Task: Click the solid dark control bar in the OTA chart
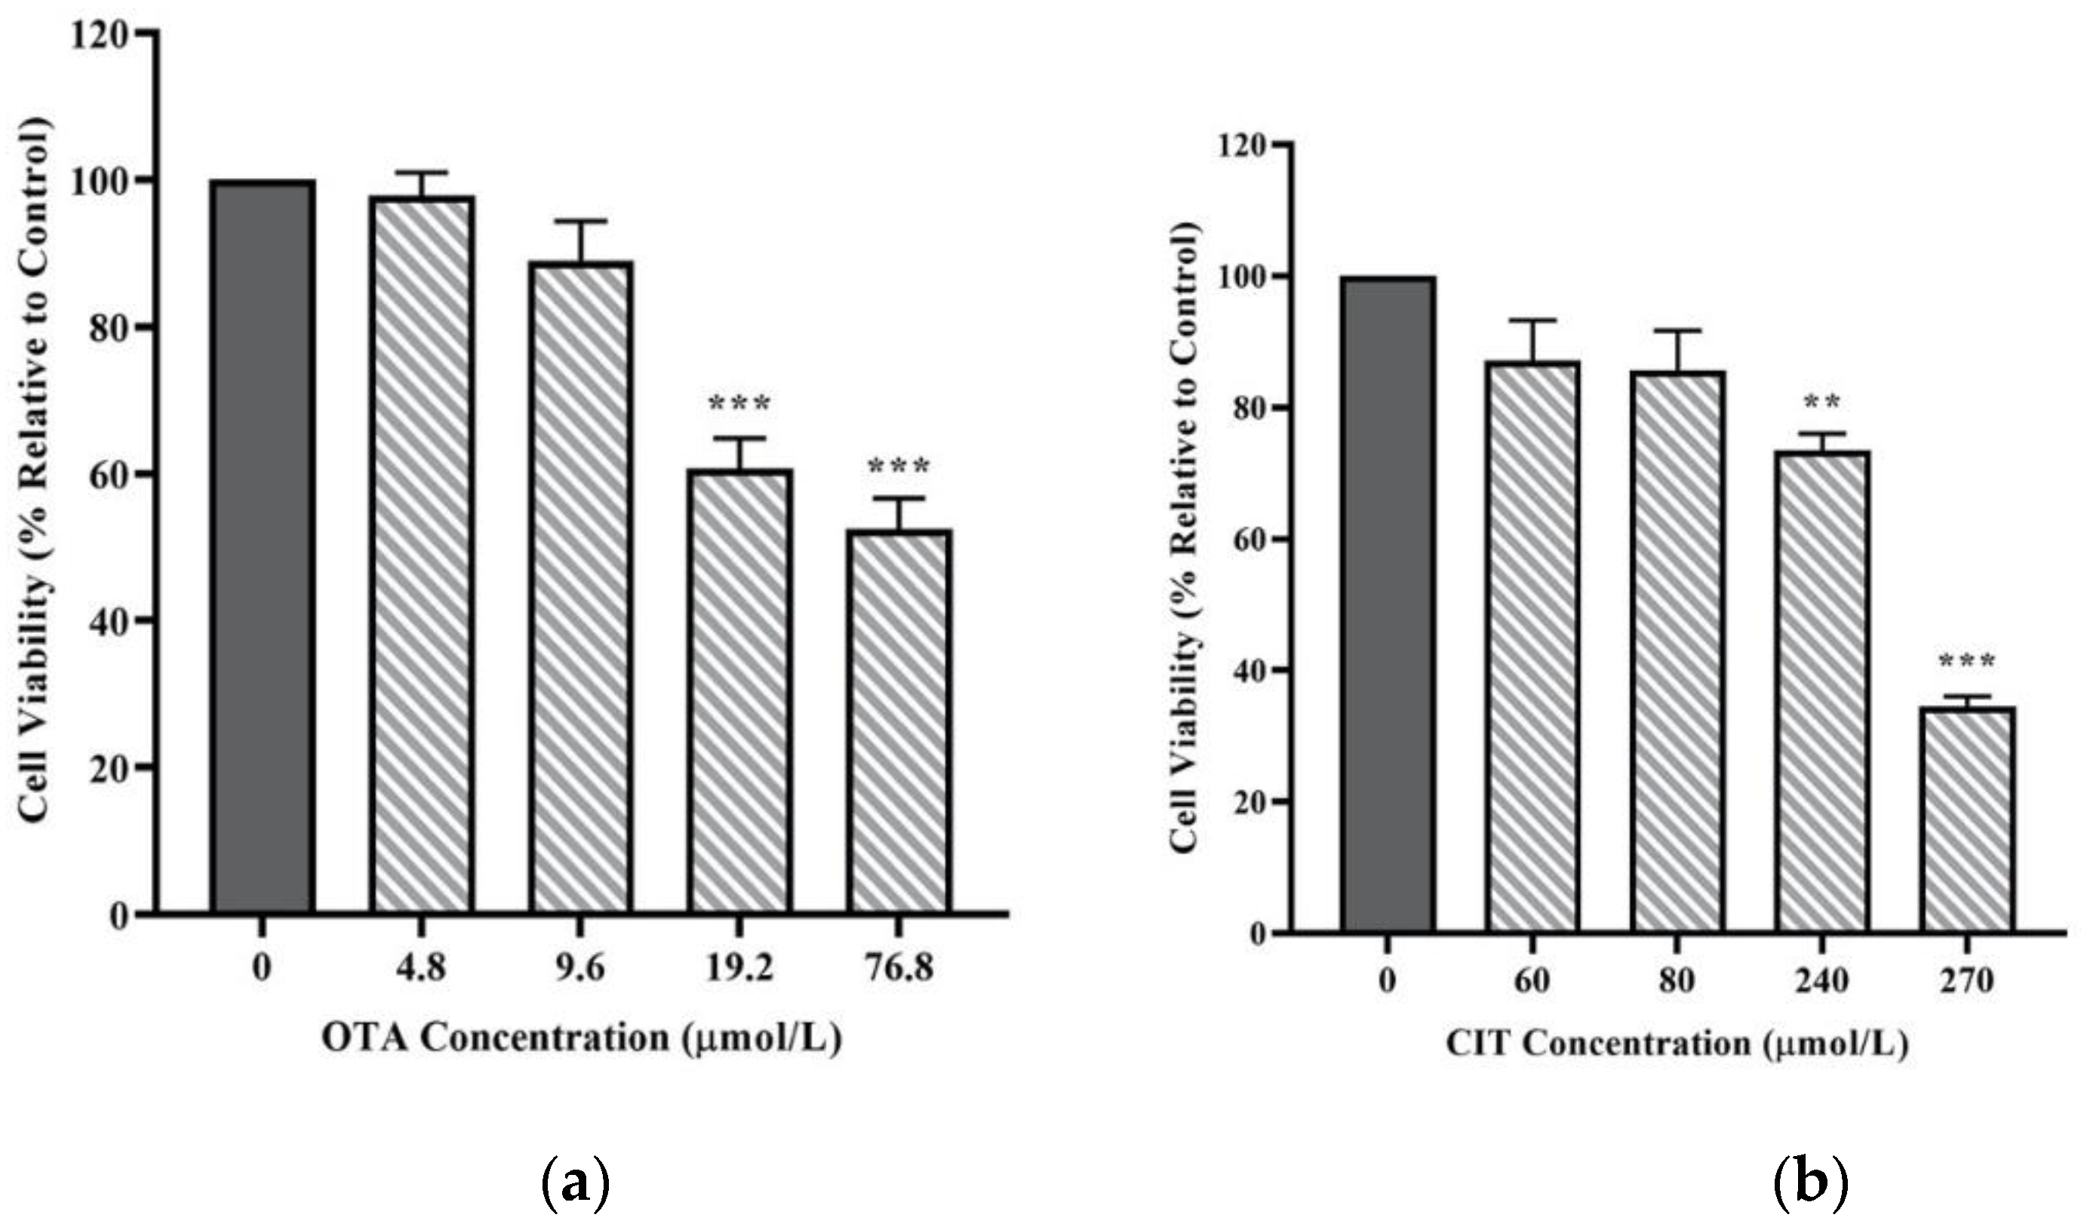[262, 547]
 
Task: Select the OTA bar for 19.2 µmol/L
[739, 691]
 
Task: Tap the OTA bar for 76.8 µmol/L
[899, 721]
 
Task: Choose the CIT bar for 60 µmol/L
[1532, 647]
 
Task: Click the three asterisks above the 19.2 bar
[739, 404]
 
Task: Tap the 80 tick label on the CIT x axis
[1677, 981]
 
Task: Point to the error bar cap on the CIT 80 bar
[1677, 331]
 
